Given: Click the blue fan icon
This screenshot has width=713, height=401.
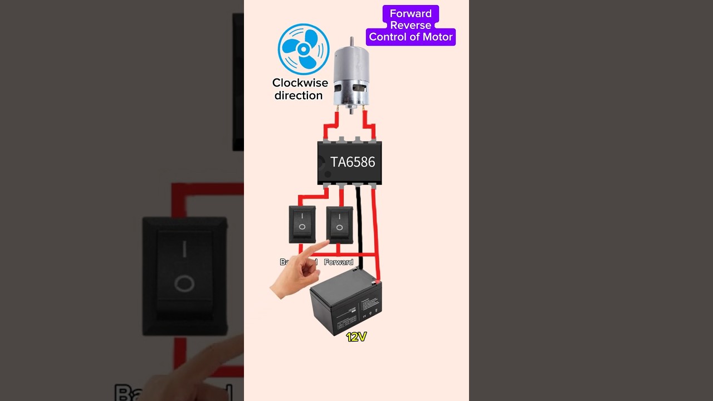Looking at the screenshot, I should [304, 49].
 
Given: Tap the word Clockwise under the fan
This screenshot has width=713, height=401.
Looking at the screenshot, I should [300, 83].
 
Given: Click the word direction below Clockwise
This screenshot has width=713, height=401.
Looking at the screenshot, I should [299, 96].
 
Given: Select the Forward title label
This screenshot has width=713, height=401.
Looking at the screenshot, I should [411, 13].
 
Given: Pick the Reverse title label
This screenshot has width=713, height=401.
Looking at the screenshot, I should [411, 26].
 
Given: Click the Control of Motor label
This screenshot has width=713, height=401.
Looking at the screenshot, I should [411, 37].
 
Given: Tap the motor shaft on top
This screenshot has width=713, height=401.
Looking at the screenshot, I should [351, 41].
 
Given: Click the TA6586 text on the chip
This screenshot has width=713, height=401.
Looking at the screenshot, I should [353, 162].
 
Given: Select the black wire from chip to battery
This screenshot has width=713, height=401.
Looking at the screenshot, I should [359, 223].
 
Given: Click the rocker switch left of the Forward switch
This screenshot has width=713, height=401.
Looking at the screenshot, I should [302, 224].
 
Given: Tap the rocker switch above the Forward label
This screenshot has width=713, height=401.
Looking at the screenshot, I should [339, 224].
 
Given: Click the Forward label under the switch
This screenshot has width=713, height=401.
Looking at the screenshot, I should [339, 262].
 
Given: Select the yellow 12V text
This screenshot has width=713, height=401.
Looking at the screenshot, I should [356, 337].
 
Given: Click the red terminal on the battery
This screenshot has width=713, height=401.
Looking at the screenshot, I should [378, 282].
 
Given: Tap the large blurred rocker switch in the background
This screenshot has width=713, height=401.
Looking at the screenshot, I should [185, 276].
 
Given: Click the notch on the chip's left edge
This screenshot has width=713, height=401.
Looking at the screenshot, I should [320, 162].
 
